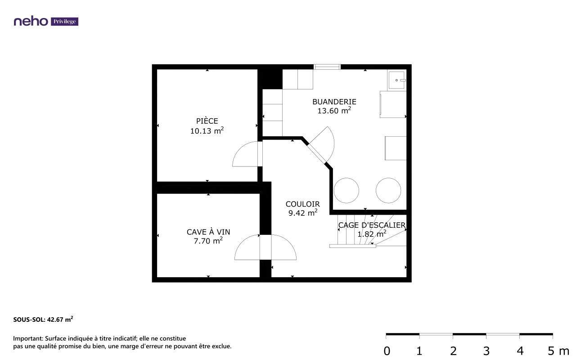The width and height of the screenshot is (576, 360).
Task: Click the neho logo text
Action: click(x=31, y=21)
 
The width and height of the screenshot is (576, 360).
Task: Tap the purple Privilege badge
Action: click(x=64, y=22)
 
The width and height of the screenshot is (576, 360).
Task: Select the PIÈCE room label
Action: click(x=207, y=121)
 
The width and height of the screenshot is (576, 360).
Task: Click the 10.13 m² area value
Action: click(x=207, y=130)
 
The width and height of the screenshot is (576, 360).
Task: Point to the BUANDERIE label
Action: click(x=334, y=102)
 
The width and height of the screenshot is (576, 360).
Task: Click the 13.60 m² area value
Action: click(x=334, y=111)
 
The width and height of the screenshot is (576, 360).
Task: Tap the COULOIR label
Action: click(x=303, y=204)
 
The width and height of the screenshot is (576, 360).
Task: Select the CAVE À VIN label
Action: click(x=208, y=232)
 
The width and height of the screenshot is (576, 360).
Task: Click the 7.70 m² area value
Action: click(x=208, y=241)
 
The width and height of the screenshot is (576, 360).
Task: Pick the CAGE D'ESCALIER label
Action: click(x=372, y=225)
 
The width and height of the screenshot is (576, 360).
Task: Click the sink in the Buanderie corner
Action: click(x=397, y=80)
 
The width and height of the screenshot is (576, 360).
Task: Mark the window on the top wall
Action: click(x=327, y=67)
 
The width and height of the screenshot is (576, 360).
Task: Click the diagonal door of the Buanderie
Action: click(x=317, y=154)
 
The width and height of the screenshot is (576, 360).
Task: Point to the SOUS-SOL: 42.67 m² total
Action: click(x=43, y=319)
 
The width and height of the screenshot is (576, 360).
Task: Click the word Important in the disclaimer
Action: click(x=28, y=339)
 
